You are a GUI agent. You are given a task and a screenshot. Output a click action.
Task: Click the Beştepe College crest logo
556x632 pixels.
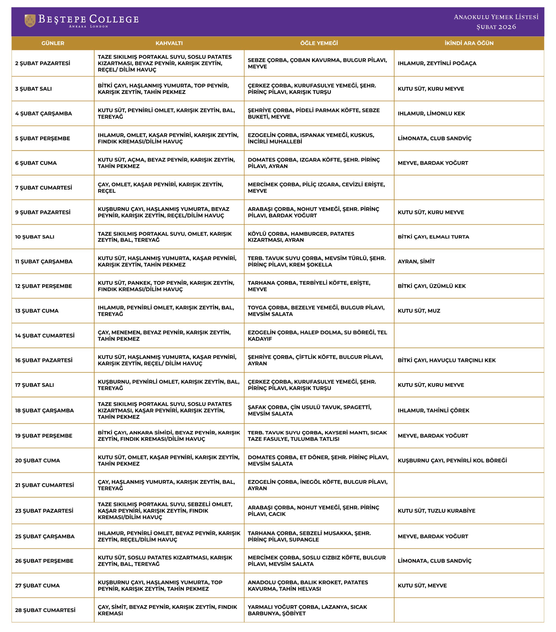(x=30, y=21)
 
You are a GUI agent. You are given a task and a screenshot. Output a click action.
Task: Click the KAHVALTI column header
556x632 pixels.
(x=169, y=43)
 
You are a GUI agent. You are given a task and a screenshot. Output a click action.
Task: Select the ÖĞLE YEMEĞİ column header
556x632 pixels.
(x=319, y=43)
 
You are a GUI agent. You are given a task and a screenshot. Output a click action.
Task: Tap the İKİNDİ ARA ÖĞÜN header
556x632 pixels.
(x=469, y=43)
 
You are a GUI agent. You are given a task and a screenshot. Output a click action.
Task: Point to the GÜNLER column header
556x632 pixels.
(x=53, y=43)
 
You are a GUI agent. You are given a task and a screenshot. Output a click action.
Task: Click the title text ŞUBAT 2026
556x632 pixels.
(x=496, y=27)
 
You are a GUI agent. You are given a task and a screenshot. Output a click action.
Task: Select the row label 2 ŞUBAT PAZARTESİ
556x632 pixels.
(x=43, y=63)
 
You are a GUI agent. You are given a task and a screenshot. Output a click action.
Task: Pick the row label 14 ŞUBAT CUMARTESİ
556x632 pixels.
(x=45, y=336)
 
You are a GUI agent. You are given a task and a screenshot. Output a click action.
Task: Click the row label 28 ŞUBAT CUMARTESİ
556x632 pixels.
(x=45, y=610)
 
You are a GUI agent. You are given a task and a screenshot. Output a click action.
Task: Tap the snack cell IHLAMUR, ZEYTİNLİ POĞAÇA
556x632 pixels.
(x=437, y=63)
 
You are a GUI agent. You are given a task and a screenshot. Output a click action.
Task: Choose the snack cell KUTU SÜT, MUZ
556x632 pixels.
(x=419, y=311)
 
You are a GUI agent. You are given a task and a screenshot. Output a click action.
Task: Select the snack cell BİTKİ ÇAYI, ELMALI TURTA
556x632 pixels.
(x=433, y=237)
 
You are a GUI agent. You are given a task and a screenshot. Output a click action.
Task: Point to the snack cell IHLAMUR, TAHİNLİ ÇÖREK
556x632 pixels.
(x=433, y=411)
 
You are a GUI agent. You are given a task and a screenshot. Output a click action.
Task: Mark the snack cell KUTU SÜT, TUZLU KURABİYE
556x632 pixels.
(x=436, y=511)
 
